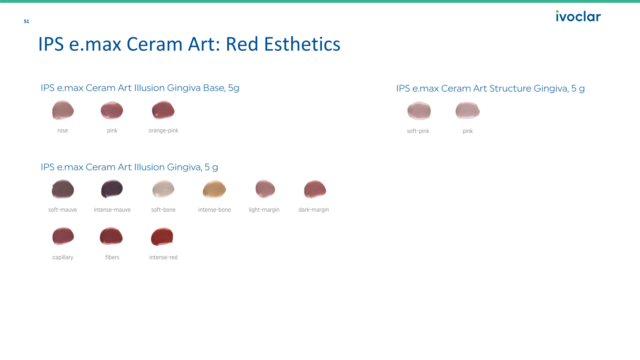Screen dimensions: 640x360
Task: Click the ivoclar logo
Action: (x=578, y=16)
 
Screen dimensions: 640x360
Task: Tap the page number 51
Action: (x=26, y=22)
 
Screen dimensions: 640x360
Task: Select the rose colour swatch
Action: (x=63, y=110)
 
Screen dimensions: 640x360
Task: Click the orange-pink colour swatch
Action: (x=163, y=110)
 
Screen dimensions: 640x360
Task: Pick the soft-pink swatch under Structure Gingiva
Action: (x=419, y=110)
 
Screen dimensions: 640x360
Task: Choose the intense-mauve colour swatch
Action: (x=112, y=189)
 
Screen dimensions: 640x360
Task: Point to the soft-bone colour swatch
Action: (x=163, y=189)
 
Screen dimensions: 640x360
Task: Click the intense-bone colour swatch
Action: (x=214, y=189)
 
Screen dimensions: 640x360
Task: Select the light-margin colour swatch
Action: (x=265, y=189)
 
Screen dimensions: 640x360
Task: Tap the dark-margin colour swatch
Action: (x=314, y=189)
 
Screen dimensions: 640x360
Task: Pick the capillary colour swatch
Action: (x=63, y=236)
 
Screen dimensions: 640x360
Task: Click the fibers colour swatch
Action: (x=111, y=236)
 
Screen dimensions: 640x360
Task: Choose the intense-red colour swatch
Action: (x=162, y=236)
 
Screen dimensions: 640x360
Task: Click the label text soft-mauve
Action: (x=62, y=210)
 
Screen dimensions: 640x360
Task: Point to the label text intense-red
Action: (x=163, y=258)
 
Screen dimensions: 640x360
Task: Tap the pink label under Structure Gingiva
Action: (x=468, y=131)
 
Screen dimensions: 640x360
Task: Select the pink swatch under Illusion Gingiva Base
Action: (x=112, y=110)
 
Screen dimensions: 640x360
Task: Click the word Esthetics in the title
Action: (x=302, y=44)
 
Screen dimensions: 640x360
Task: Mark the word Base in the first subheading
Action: (x=214, y=88)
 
